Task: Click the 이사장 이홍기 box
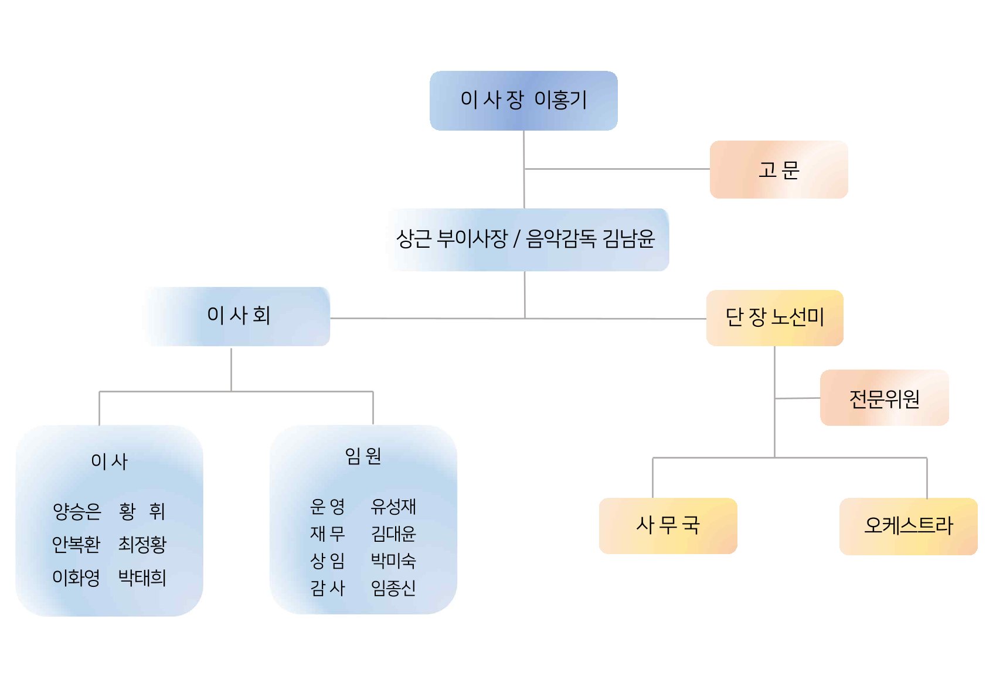click(523, 101)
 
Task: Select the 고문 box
click(778, 169)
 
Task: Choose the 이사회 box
click(237, 316)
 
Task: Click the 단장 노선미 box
click(775, 317)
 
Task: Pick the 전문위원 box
click(885, 398)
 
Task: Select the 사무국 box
click(668, 525)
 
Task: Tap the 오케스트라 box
click(909, 526)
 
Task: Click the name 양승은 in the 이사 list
click(77, 511)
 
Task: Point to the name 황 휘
click(142, 511)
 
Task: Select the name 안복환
click(76, 544)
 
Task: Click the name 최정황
click(142, 544)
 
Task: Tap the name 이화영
click(76, 578)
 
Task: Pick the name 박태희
click(142, 578)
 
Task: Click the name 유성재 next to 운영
click(393, 507)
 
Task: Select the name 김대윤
click(393, 534)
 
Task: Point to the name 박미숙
click(393, 561)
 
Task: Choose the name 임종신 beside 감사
click(393, 588)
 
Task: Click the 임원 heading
click(363, 456)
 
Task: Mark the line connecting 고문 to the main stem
click(617, 169)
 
